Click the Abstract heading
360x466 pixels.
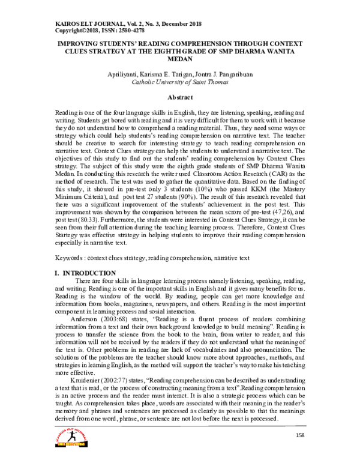tap(180, 97)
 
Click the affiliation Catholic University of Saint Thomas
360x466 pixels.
tap(180, 83)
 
